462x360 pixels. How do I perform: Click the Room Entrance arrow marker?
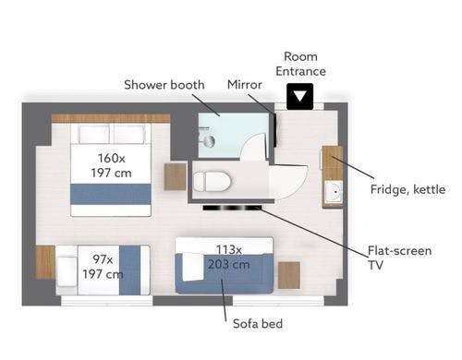[x=299, y=96]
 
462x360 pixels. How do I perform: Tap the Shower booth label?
[x=164, y=85]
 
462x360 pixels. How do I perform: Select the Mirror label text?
[x=245, y=85]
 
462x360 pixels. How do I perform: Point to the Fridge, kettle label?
[x=407, y=189]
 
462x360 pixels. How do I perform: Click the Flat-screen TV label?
[x=399, y=258]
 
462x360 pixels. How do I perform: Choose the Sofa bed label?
[x=258, y=324]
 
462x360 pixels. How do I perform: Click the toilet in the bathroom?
[x=212, y=182]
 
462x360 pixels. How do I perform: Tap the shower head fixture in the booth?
[x=210, y=141]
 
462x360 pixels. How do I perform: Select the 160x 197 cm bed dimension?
[x=111, y=165]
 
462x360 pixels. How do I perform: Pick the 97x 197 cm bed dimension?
[x=103, y=267]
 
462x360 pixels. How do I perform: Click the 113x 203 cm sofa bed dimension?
[x=228, y=257]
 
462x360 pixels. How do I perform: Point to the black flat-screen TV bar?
[x=232, y=208]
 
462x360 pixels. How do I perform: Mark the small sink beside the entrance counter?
[x=334, y=192]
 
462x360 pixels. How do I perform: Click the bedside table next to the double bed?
[x=175, y=176]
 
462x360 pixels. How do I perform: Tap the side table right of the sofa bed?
[x=289, y=275]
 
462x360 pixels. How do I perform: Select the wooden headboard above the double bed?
[x=111, y=118]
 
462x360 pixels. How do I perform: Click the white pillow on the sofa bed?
[x=192, y=267]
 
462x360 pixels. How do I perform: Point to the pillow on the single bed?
[x=67, y=271]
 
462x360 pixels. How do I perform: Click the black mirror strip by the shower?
[x=274, y=130]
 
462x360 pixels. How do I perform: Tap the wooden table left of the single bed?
[x=45, y=262]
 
